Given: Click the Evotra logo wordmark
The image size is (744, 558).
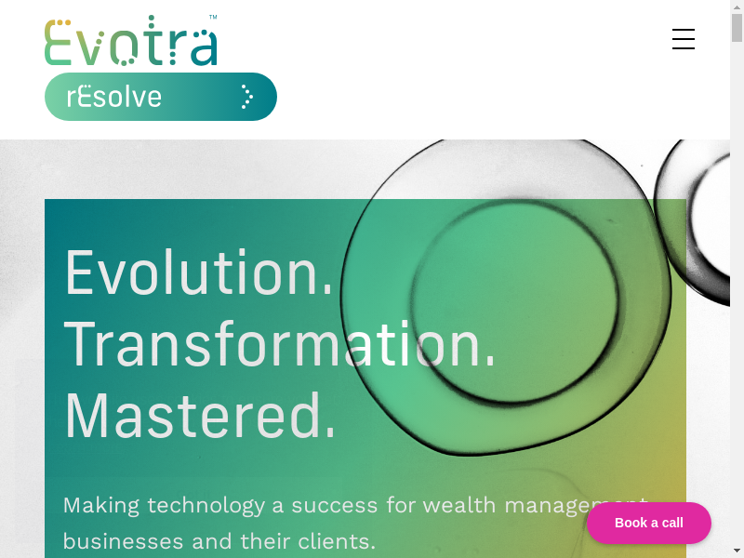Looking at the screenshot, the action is tap(131, 41).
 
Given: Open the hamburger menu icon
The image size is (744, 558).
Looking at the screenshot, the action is tap(684, 39).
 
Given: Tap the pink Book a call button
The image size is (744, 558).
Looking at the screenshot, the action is tap(648, 523).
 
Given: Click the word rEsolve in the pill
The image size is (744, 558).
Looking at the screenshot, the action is tap(113, 97).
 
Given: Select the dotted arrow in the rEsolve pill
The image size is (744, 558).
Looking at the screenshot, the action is tap(246, 97).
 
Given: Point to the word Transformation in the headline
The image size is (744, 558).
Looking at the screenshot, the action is tap(280, 344).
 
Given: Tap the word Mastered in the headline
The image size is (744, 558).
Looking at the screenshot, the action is tap(200, 416).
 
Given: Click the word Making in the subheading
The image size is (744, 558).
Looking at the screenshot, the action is tap(101, 506).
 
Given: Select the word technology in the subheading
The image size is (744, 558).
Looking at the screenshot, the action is tap(206, 506).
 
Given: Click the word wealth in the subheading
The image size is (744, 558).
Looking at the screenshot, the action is tap(459, 505).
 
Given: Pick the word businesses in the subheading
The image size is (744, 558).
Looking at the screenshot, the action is tap(123, 541).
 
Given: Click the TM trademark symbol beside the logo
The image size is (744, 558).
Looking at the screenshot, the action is tap(213, 17).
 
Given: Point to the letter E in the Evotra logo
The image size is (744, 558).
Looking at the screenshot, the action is tap(57, 42).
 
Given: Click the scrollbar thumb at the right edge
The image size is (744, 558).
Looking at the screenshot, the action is tap(737, 28).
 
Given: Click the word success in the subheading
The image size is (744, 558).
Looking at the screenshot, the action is tap(335, 506).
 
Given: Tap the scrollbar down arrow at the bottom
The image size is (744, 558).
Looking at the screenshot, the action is tap(737, 552).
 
